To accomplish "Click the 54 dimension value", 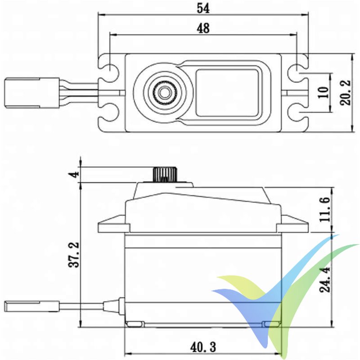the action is click(x=203, y=8).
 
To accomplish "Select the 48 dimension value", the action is click(x=203, y=28).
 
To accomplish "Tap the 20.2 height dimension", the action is click(x=345, y=93).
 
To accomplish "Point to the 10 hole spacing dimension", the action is click(x=323, y=93).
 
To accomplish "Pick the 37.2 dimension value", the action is click(x=74, y=254).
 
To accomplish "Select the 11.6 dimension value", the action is click(x=325, y=209).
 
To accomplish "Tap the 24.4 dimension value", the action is click(x=325, y=279).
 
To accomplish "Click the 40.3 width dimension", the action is click(x=203, y=347).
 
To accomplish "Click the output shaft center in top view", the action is click(x=163, y=93).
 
